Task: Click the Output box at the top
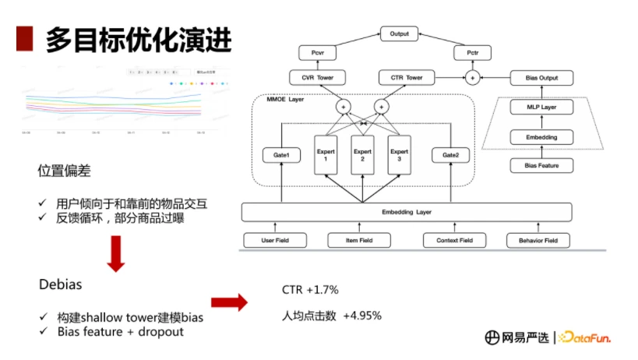click(x=400, y=34)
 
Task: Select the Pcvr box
click(x=318, y=54)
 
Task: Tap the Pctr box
click(x=472, y=54)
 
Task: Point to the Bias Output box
click(x=542, y=78)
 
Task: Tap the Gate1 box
click(x=281, y=155)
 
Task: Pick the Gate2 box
click(x=450, y=155)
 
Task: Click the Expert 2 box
click(x=361, y=155)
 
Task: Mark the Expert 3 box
click(x=399, y=155)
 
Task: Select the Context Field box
click(x=454, y=240)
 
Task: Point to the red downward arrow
click(x=115, y=255)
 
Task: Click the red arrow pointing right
click(x=229, y=302)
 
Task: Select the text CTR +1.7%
click(x=310, y=290)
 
